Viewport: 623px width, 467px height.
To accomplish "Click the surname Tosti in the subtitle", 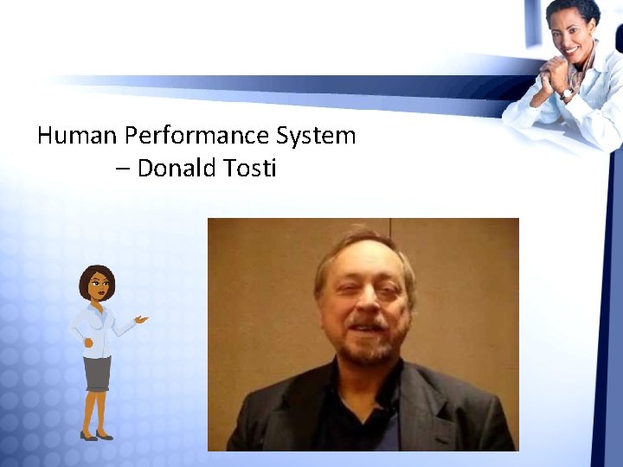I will coord(249,168).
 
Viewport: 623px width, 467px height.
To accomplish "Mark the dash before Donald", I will coord(123,169).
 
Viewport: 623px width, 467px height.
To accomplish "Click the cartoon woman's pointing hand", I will coord(141,319).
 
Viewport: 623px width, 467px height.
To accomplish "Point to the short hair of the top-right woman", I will coord(575,10).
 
